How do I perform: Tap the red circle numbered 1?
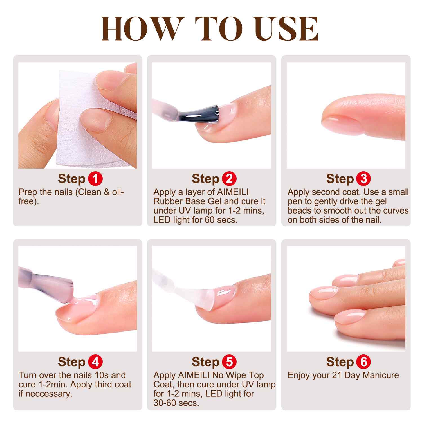pos(95,179)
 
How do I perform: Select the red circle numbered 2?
pos(229,179)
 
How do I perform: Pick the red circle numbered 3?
pos(363,179)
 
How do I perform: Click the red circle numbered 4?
pos(95,362)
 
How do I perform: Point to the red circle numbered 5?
pos(229,362)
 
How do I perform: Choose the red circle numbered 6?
pos(363,362)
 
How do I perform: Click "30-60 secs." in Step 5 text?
pos(176,403)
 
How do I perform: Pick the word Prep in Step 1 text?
pos(28,192)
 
